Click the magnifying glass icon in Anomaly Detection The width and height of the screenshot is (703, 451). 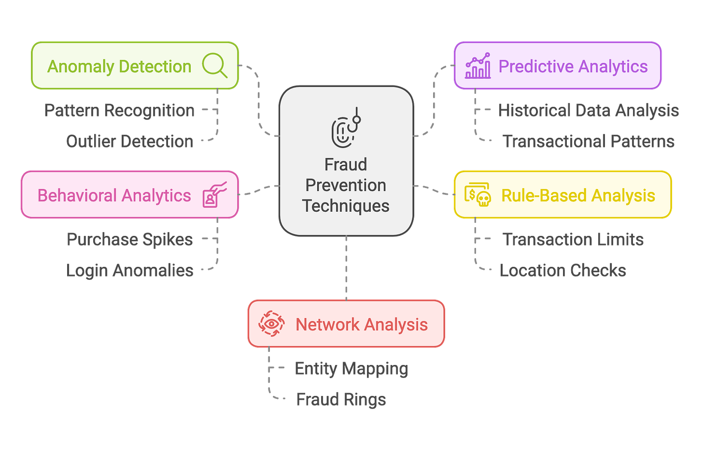click(214, 65)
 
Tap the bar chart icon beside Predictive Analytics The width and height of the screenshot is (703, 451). click(478, 66)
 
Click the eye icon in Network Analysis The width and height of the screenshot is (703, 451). click(271, 323)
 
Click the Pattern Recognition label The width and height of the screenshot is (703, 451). click(119, 111)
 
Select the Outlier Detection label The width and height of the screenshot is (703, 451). click(130, 141)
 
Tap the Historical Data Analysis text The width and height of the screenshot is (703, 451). click(589, 111)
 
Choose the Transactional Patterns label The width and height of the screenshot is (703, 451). click(589, 141)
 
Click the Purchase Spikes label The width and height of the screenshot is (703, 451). click(130, 239)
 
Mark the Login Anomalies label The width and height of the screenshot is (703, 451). click(130, 270)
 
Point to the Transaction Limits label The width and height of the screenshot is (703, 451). click(573, 239)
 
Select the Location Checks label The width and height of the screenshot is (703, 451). click(563, 270)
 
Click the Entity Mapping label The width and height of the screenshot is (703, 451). click(351, 369)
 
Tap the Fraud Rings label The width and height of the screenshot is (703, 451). click(341, 399)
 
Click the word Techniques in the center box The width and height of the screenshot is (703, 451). click(346, 206)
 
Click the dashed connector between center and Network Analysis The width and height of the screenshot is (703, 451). click(346, 268)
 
